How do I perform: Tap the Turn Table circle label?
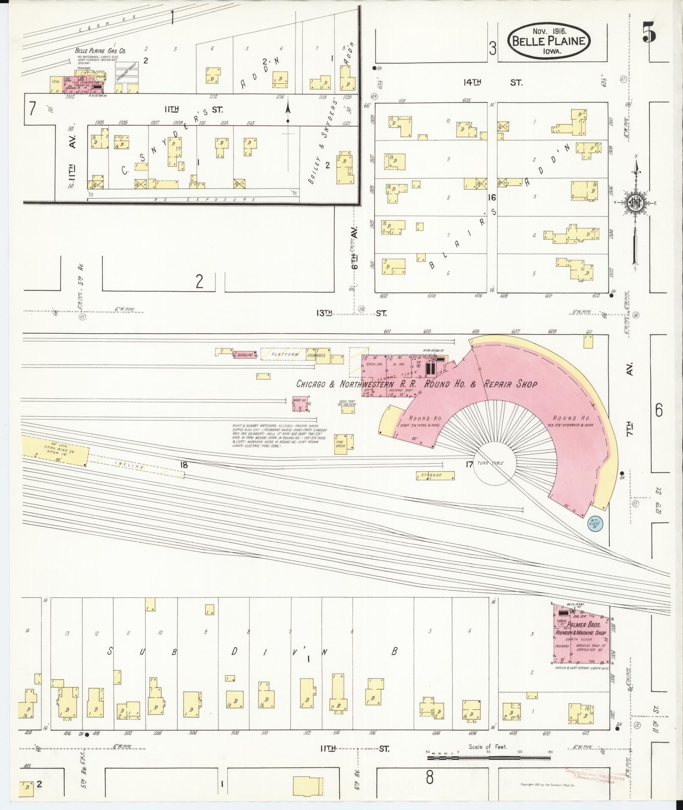(491, 463)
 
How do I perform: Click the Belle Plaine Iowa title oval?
(550, 41)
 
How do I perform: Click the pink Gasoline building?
(245, 355)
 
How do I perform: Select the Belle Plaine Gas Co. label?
(100, 50)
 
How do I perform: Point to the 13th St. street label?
(351, 313)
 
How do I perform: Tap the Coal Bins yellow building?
(55, 450)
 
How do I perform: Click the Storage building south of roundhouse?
(435, 475)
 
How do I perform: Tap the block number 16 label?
(492, 197)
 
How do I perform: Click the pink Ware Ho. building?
(300, 404)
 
